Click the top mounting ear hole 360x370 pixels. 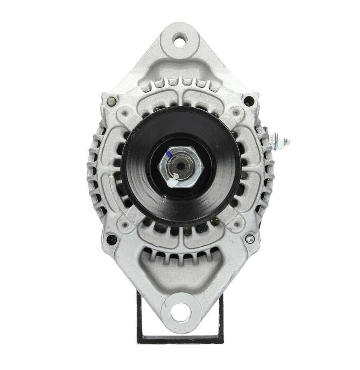[x=180, y=40]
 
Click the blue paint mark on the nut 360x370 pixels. [x=169, y=155]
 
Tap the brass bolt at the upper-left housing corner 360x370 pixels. [x=111, y=100]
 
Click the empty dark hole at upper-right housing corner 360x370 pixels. [x=249, y=99]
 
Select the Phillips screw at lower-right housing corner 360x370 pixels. [x=249, y=239]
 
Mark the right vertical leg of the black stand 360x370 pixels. [x=221, y=317]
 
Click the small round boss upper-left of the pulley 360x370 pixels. [x=124, y=111]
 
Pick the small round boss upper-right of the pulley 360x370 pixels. [x=236, y=111]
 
